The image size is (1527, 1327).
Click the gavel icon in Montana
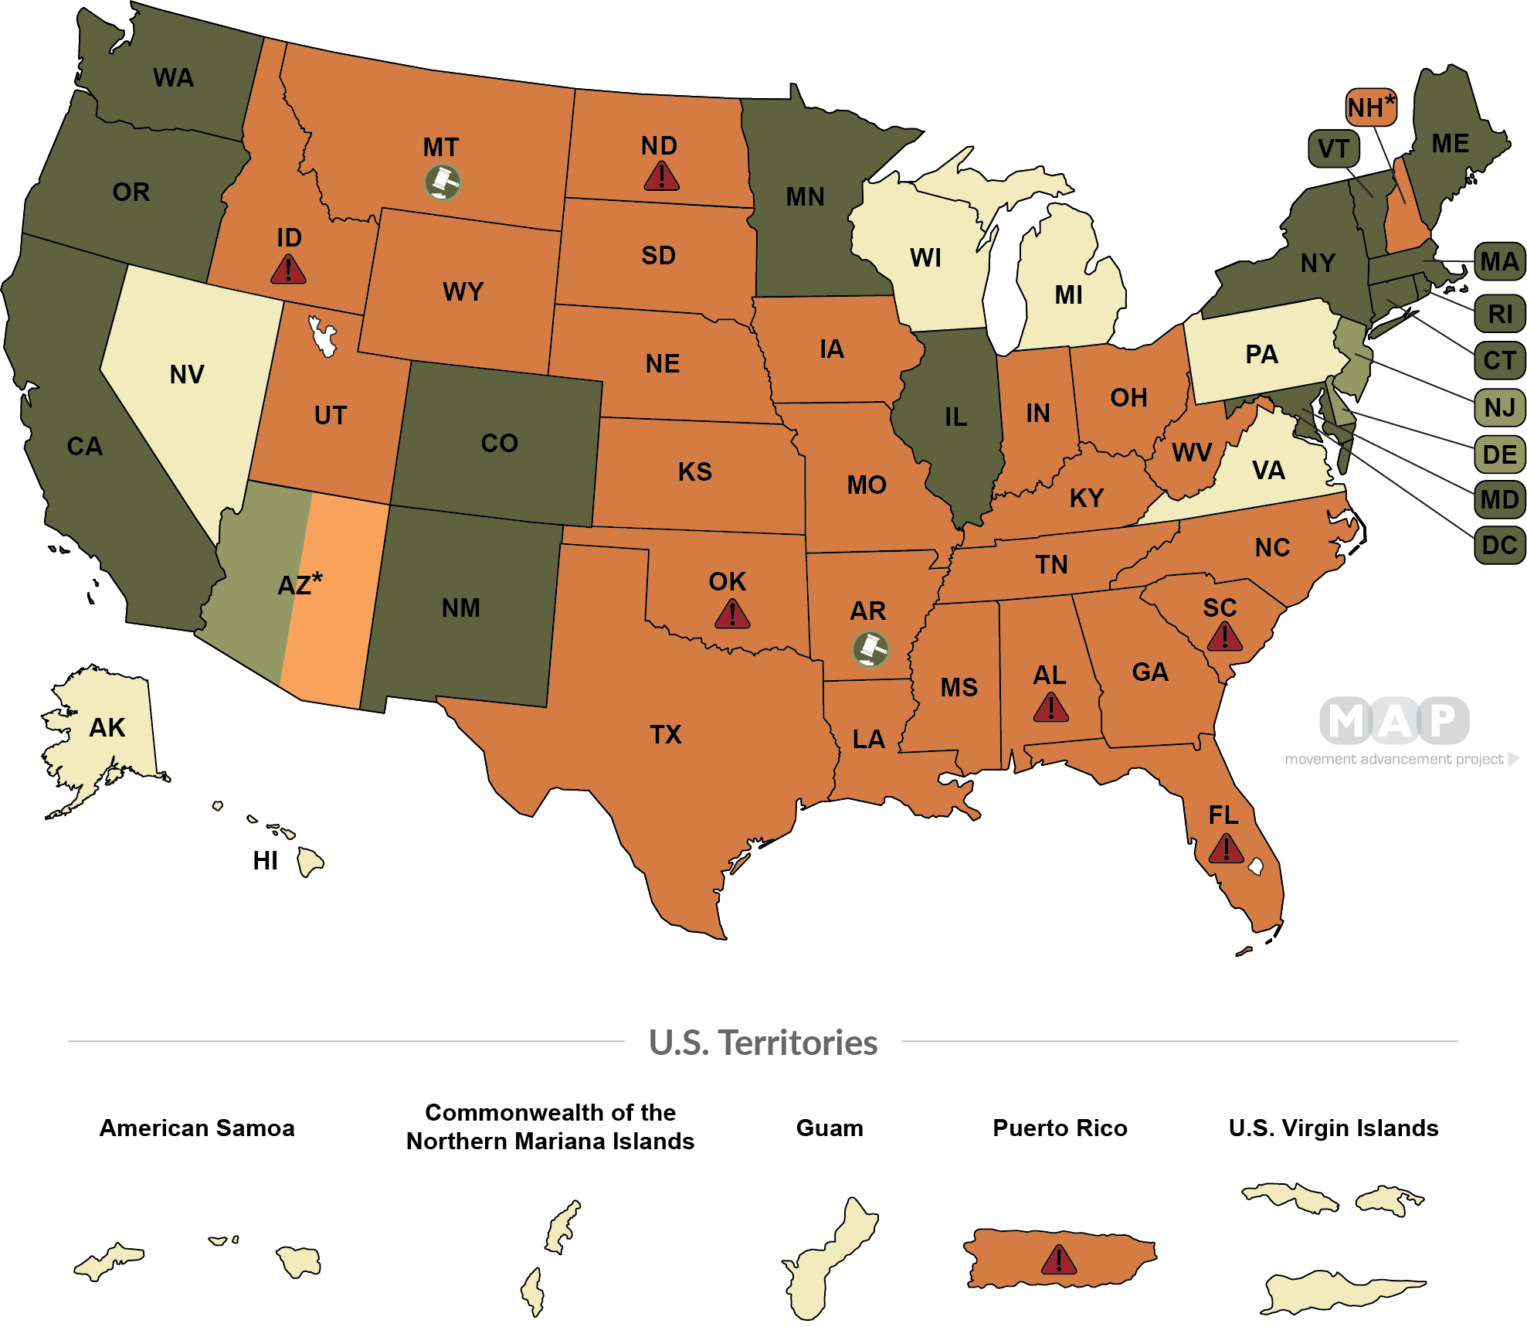(443, 182)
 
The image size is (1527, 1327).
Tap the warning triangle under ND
(661, 176)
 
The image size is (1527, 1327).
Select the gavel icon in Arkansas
(870, 649)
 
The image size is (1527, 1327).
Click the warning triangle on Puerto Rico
(1058, 1261)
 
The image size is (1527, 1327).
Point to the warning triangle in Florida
(1226, 849)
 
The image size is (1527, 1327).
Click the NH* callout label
(1371, 107)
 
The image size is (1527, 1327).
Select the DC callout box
(1499, 546)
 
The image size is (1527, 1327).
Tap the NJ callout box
(1499, 407)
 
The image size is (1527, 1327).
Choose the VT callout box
(1334, 148)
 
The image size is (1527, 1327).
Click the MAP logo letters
(1394, 720)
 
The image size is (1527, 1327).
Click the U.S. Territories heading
(763, 1043)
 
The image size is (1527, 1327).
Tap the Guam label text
(830, 1128)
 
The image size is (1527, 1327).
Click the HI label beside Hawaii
(265, 860)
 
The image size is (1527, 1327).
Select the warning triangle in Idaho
(288, 270)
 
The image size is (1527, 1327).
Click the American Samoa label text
(197, 1128)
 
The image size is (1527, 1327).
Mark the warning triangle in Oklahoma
(731, 614)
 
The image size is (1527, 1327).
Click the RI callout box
(1499, 314)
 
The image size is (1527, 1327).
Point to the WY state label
(463, 291)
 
